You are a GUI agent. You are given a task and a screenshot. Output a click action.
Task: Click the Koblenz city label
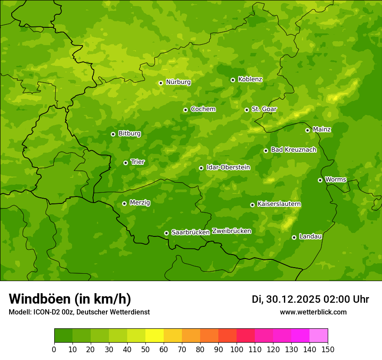tap(250, 79)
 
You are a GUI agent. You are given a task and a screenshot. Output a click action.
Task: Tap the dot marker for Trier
tap(125, 163)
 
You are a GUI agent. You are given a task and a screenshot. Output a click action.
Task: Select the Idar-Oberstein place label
tap(228, 167)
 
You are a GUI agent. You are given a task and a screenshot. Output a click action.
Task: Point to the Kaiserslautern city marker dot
tap(252, 205)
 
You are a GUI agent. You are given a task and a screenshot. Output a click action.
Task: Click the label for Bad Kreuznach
tap(293, 150)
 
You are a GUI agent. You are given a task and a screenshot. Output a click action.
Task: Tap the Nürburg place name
tap(178, 82)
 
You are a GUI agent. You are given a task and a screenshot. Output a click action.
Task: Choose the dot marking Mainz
tap(307, 130)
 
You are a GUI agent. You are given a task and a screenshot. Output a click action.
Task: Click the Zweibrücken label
tap(231, 231)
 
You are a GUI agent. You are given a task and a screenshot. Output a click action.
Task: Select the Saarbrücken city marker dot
tap(166, 233)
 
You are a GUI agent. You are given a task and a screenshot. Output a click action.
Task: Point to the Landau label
tap(310, 236)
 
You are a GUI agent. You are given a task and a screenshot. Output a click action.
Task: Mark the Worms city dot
tap(320, 180)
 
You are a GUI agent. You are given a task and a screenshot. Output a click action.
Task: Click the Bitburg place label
tap(129, 134)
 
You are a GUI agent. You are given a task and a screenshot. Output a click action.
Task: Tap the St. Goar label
tap(264, 109)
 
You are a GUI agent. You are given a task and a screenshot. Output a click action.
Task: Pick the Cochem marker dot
tap(185, 110)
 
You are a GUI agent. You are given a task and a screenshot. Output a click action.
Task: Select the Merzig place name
tap(140, 203)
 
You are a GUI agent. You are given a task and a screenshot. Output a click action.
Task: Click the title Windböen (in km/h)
tap(69, 299)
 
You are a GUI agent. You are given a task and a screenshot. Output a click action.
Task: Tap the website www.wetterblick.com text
tap(313, 312)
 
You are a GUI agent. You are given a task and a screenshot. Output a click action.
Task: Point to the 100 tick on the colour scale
tap(237, 349)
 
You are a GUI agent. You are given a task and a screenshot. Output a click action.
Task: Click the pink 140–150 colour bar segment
tap(319, 336)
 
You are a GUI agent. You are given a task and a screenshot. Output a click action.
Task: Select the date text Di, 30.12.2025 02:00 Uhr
tap(310, 299)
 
